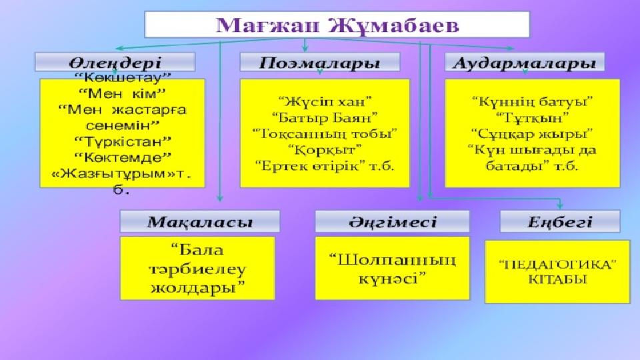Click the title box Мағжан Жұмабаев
(337, 25)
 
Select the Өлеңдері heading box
(115, 62)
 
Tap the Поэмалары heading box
(319, 62)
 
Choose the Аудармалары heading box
(525, 62)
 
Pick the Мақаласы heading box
(199, 221)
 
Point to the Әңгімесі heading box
(392, 221)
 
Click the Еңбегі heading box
(560, 221)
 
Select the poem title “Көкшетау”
(123, 77)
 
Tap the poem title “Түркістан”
(123, 141)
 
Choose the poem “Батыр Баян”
(325, 117)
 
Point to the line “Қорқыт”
(325, 150)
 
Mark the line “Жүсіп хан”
(325, 101)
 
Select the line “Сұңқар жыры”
(532, 133)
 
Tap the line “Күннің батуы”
(532, 101)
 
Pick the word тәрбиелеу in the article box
(197, 269)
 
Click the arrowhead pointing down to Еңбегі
(559, 205)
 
